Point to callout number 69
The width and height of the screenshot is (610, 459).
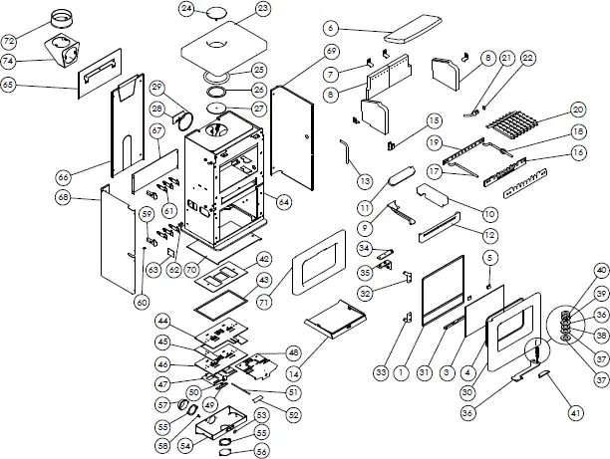click(331, 50)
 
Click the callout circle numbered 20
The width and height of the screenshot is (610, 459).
click(578, 109)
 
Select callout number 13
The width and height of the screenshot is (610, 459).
click(365, 181)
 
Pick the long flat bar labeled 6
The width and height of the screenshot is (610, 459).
click(401, 35)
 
